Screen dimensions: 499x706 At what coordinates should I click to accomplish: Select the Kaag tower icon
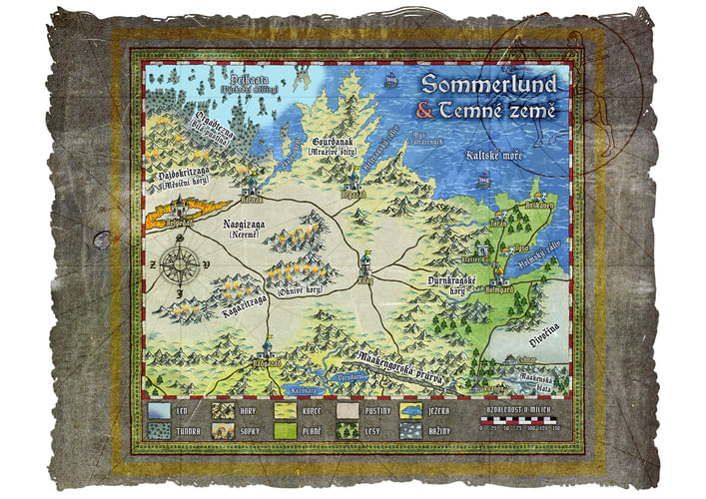(365, 262)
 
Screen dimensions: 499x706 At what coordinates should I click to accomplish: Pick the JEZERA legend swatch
(412, 409)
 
